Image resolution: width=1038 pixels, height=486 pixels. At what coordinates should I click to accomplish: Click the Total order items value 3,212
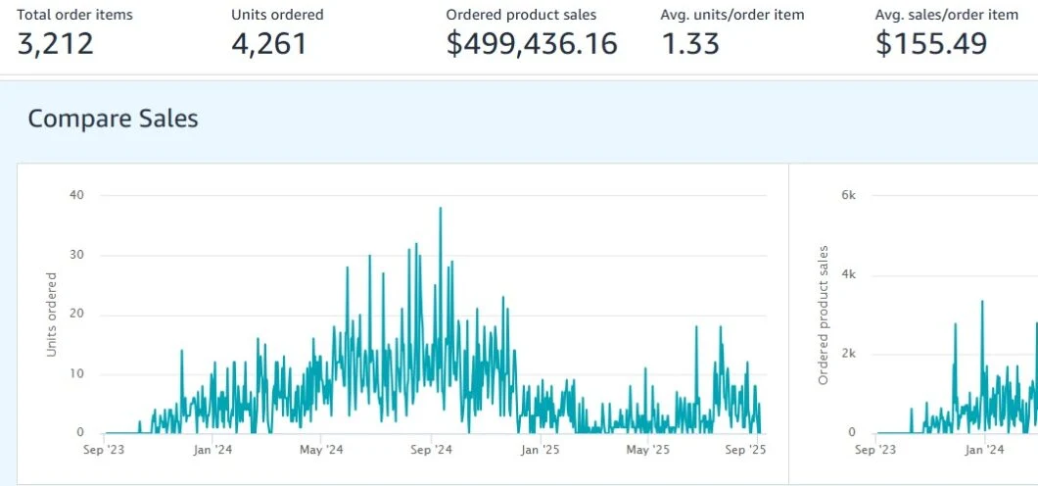click(55, 44)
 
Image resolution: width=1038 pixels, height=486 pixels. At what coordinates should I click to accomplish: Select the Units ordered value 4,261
click(269, 44)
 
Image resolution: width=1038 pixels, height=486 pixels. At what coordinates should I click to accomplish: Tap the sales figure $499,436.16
click(532, 44)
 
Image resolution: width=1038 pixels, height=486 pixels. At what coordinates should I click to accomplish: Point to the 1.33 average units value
click(689, 44)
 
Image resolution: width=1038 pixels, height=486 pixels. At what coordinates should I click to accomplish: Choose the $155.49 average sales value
click(931, 44)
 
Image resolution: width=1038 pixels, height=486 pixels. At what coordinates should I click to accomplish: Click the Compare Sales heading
click(113, 119)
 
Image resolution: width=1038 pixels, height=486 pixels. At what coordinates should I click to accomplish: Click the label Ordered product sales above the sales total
click(521, 15)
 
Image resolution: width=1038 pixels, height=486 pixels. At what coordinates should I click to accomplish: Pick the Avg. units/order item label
click(732, 15)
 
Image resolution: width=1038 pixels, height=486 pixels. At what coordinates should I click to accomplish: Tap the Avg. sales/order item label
click(947, 15)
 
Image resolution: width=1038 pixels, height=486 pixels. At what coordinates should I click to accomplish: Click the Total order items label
click(74, 15)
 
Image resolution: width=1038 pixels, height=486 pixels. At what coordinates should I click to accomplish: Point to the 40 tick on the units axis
click(76, 195)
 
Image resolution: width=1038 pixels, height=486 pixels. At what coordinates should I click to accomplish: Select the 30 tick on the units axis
click(76, 256)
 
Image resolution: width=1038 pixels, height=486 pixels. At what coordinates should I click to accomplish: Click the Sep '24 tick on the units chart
click(431, 451)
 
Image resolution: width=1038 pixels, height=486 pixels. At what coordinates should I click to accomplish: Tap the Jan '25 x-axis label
click(541, 451)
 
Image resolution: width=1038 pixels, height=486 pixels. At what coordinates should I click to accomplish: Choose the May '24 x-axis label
click(321, 451)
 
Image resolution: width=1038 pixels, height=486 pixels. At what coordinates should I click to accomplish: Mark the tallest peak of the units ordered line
click(441, 208)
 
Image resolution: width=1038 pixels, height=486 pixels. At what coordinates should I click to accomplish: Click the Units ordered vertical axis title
click(52, 315)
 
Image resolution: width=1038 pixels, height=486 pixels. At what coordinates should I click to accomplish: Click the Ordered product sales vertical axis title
click(824, 316)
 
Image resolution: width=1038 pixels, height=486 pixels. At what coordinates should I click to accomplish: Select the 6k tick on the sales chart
click(849, 195)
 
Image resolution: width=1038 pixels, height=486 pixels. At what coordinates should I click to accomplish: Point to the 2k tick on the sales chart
click(849, 355)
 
